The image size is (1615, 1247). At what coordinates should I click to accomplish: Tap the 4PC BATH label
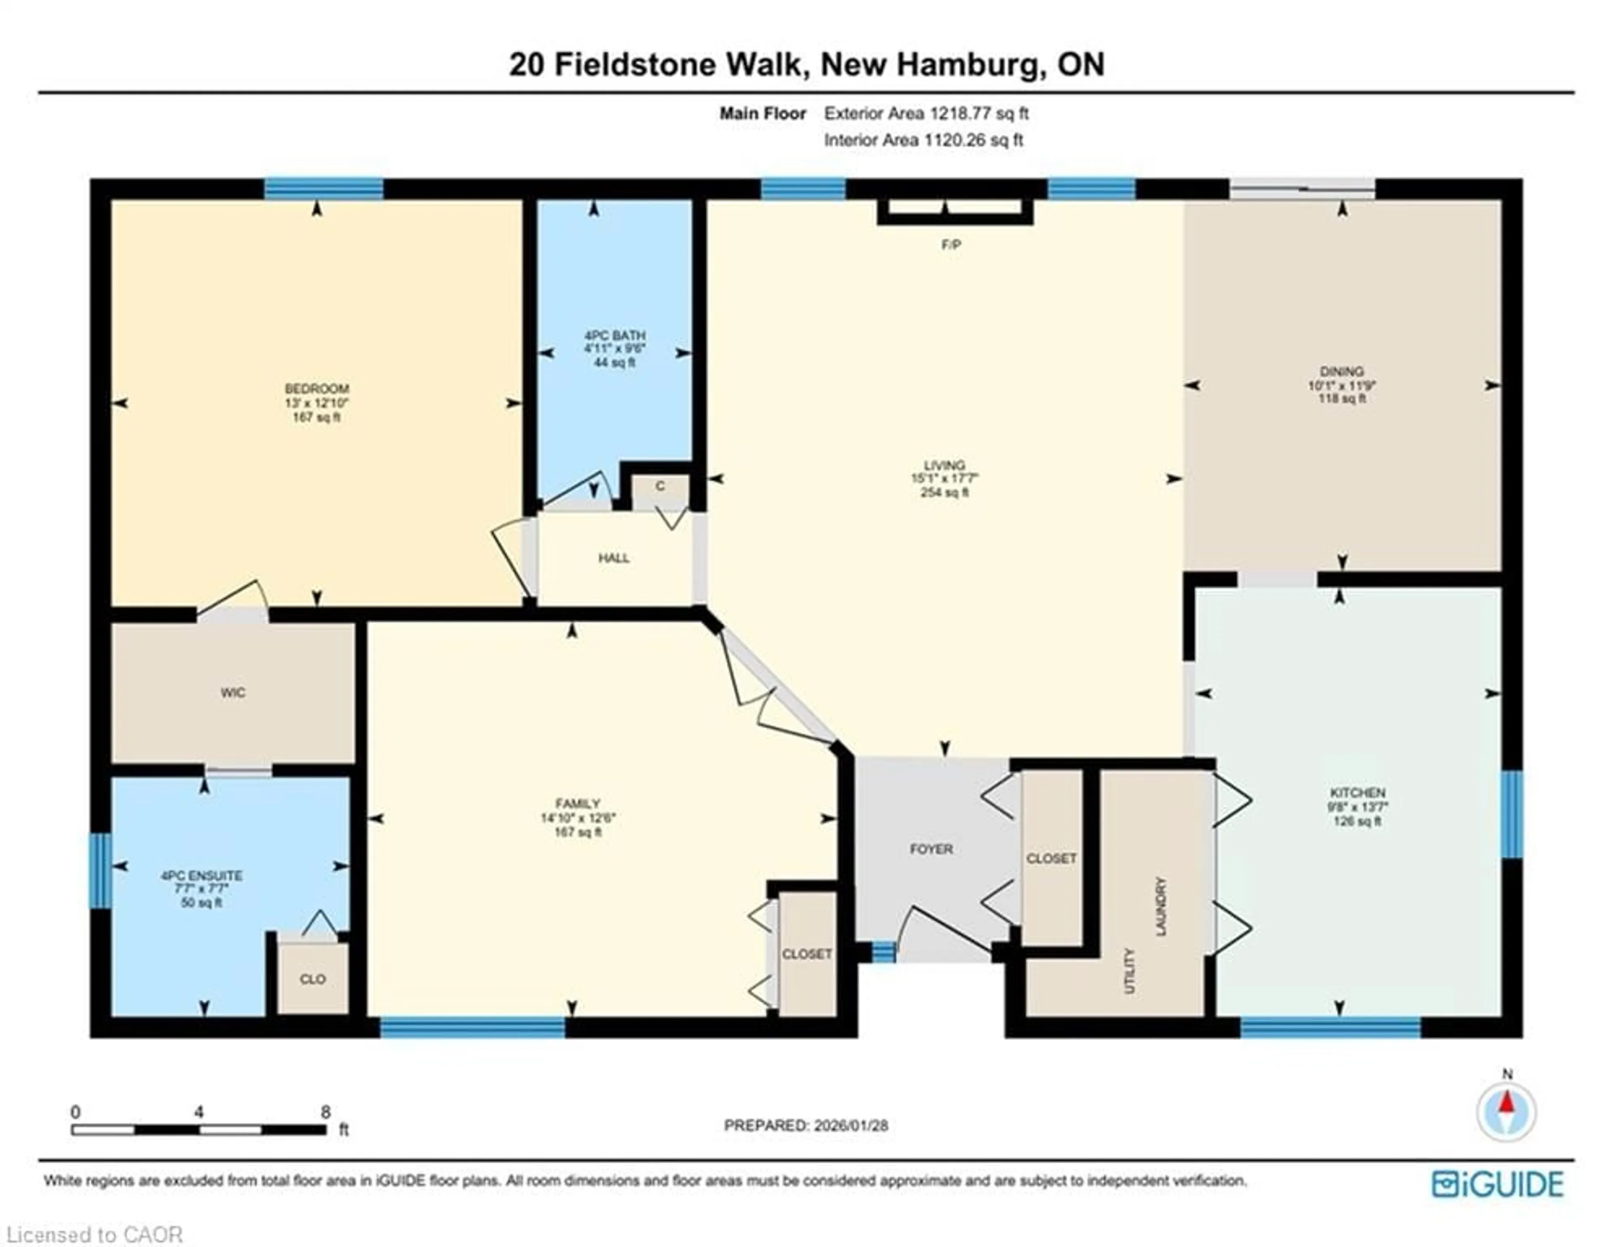click(x=614, y=335)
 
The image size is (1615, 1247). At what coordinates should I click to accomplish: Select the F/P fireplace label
click(x=951, y=245)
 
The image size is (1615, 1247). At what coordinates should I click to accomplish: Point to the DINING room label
click(x=1341, y=371)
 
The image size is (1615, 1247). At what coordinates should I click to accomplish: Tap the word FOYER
click(x=931, y=849)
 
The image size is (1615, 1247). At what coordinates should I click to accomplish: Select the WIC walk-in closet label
click(x=233, y=692)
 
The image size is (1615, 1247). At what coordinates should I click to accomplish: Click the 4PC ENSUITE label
click(x=202, y=876)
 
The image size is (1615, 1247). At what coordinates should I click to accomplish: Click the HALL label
click(x=614, y=558)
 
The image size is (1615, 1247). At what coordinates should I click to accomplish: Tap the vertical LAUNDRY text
click(x=1161, y=906)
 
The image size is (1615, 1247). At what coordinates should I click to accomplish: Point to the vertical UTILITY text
click(x=1129, y=971)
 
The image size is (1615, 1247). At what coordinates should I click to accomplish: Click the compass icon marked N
click(x=1506, y=1112)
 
